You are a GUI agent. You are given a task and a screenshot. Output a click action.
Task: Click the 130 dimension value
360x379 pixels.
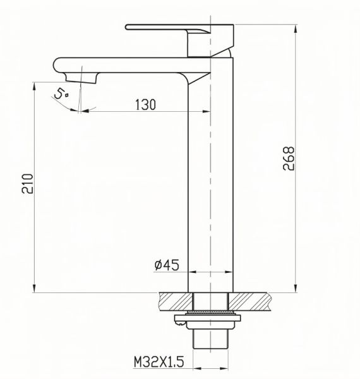click(x=145, y=105)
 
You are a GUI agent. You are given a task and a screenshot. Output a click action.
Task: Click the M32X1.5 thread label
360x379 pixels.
click(x=158, y=362)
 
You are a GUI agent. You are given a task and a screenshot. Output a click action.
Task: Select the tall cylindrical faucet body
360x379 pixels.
click(x=212, y=189)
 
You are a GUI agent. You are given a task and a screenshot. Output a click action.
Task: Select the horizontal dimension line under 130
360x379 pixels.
click(x=145, y=112)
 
